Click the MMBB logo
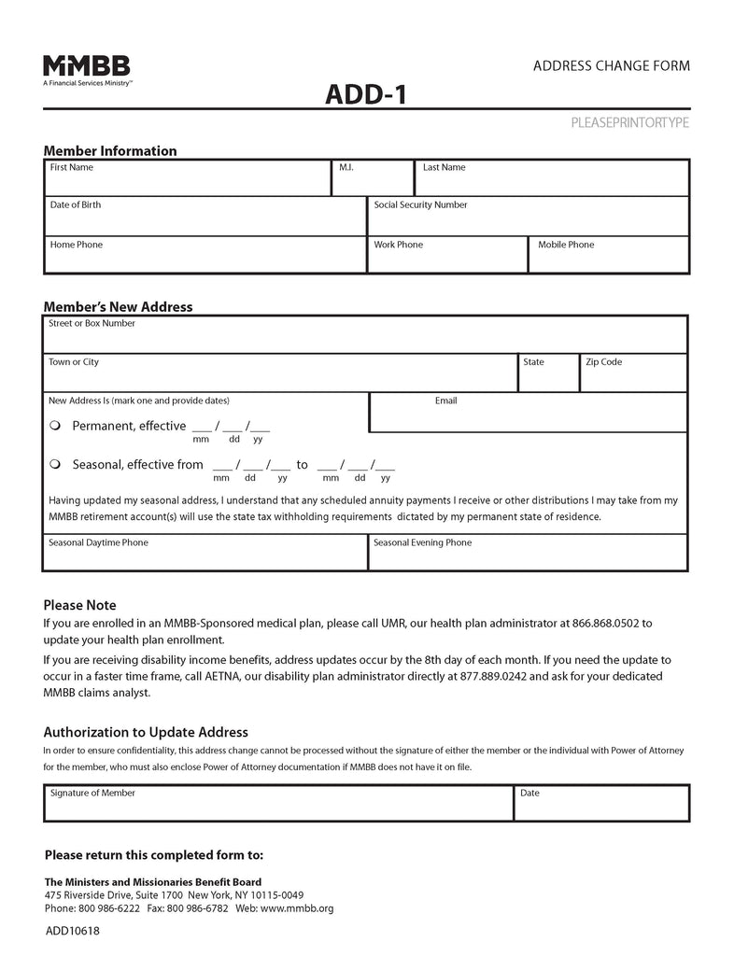coord(86,68)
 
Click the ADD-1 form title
coord(366,94)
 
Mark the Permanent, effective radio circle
coord(55,426)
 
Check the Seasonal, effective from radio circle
coord(55,464)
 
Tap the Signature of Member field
coord(277,805)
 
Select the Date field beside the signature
coord(601,805)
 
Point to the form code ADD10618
coord(72,931)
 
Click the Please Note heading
coord(79,605)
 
